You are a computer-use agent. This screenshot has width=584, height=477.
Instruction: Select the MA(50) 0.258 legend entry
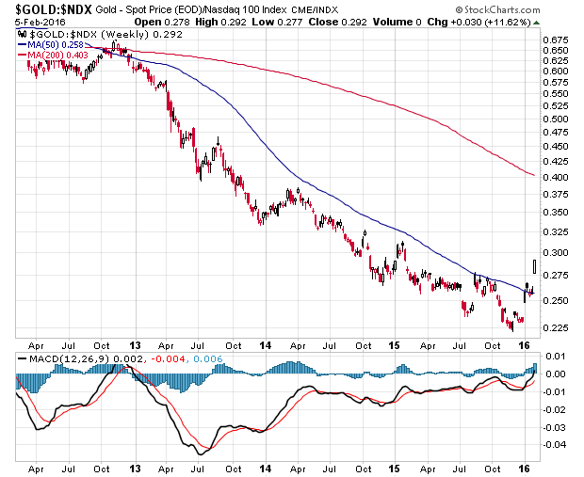(49, 44)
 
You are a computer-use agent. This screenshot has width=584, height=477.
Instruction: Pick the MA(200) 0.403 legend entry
(51, 55)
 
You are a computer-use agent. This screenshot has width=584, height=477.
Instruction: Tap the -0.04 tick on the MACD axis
(557, 444)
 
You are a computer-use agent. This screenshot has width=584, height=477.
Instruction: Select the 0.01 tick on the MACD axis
(557, 357)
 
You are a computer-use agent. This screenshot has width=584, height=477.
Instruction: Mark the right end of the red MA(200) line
(534, 176)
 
